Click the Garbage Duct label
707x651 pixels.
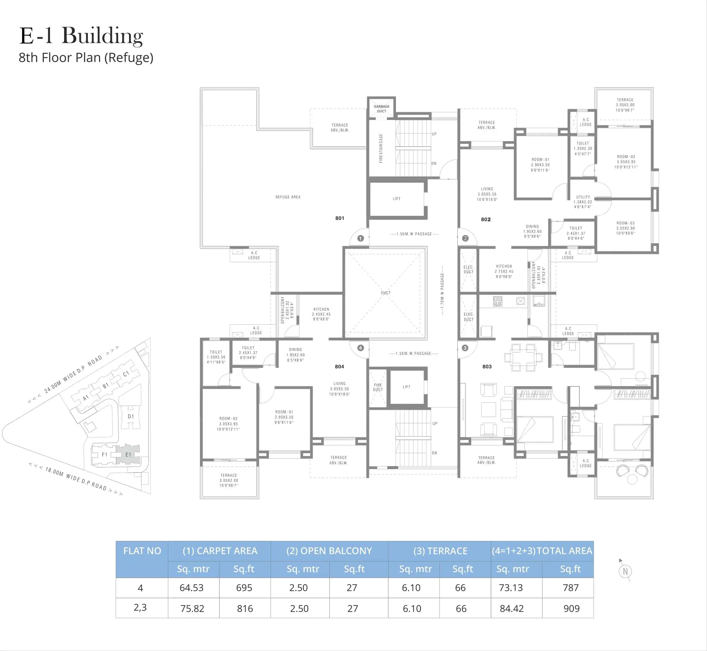381,109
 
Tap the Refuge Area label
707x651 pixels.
288,197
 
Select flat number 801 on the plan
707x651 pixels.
340,218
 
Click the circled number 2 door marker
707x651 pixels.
465,238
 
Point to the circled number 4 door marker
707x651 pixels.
360,348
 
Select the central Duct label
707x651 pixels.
386,293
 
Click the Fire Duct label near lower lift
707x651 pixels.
378,387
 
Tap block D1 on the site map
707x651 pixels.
131,416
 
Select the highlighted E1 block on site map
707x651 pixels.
128,454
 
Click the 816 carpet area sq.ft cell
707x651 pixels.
245,608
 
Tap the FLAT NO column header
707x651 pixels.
142,551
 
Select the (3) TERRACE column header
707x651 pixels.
440,551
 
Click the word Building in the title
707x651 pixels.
102,36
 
